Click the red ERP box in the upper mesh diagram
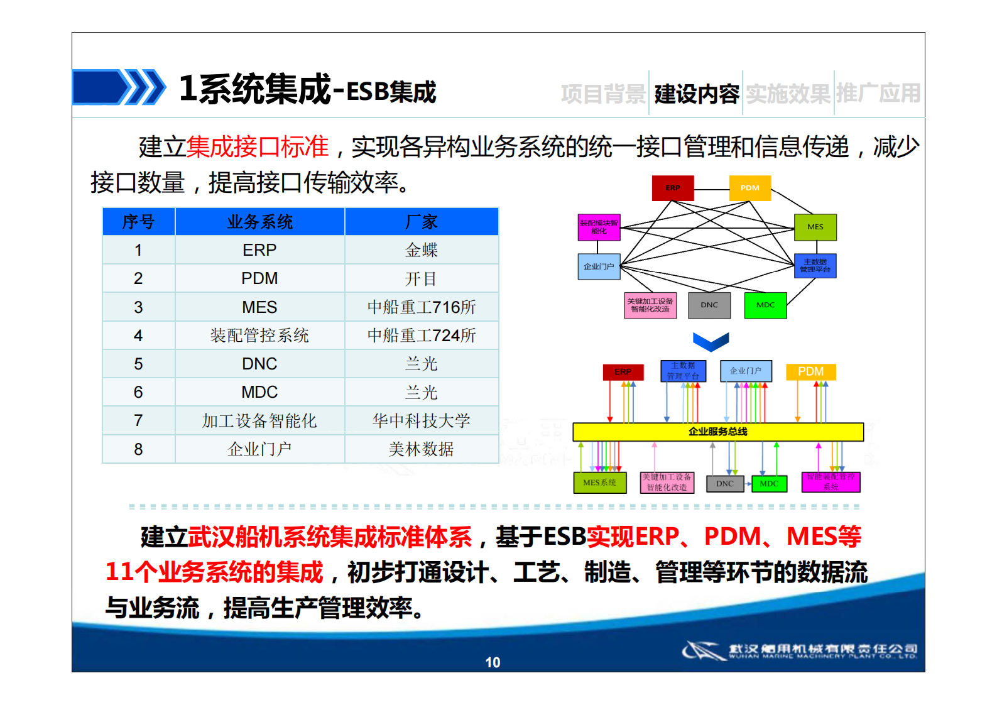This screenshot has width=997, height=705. tap(673, 188)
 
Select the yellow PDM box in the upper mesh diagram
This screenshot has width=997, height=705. tap(749, 188)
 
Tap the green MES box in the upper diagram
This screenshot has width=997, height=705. tap(815, 227)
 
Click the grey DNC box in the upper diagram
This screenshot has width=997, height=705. tap(709, 305)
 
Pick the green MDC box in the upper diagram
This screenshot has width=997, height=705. tap(765, 305)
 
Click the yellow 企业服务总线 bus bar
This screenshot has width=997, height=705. tap(717, 432)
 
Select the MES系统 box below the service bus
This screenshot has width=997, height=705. tap(599, 483)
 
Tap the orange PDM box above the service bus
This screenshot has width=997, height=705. tap(810, 371)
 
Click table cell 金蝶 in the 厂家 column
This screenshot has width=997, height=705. tap(421, 250)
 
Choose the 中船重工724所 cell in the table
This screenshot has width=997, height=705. tap(421, 336)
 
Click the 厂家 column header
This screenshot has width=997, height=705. tap(421, 222)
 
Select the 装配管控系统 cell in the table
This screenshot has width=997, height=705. tap(259, 336)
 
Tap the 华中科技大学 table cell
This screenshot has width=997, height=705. tap(421, 420)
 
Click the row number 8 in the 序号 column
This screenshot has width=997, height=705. tap(138, 449)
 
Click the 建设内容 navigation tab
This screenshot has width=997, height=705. tap(696, 94)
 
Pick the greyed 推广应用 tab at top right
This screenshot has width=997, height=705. tap(878, 94)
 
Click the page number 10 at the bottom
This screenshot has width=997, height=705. tap(493, 662)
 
